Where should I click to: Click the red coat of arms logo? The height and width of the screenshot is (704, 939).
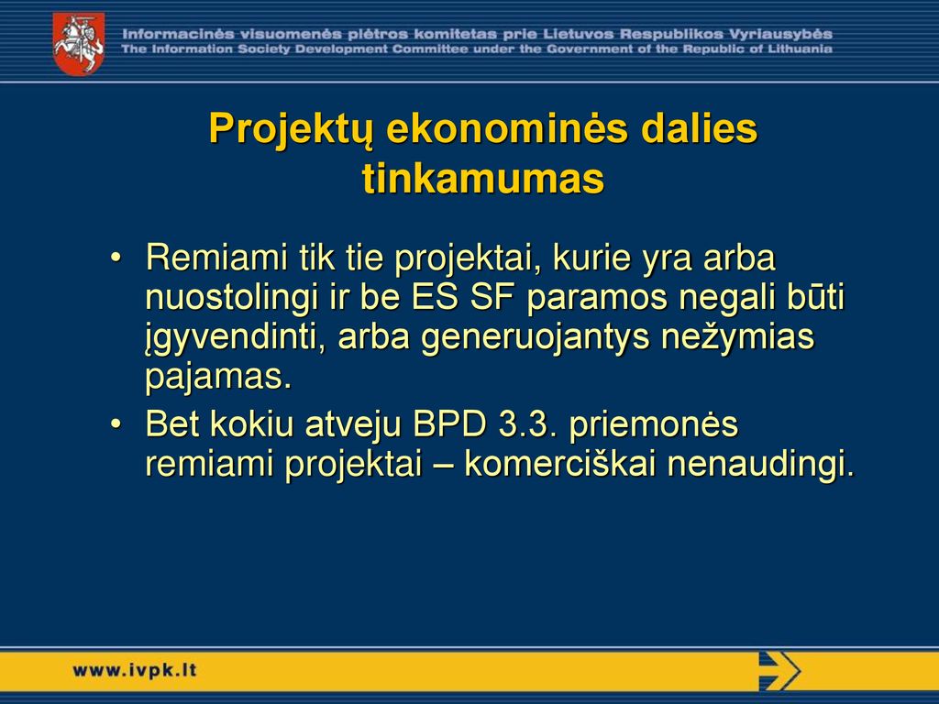coord(79,44)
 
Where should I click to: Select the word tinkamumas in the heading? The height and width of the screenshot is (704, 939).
coord(483,179)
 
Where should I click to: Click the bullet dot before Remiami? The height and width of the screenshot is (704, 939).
coord(116,258)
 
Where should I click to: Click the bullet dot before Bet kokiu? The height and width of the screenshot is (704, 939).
coord(116,424)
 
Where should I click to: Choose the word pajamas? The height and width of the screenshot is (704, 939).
coord(218,378)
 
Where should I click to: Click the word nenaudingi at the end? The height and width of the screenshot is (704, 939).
coord(760,465)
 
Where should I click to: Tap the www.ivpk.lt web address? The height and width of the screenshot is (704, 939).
coord(134,670)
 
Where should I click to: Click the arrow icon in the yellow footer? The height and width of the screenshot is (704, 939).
coord(779,670)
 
